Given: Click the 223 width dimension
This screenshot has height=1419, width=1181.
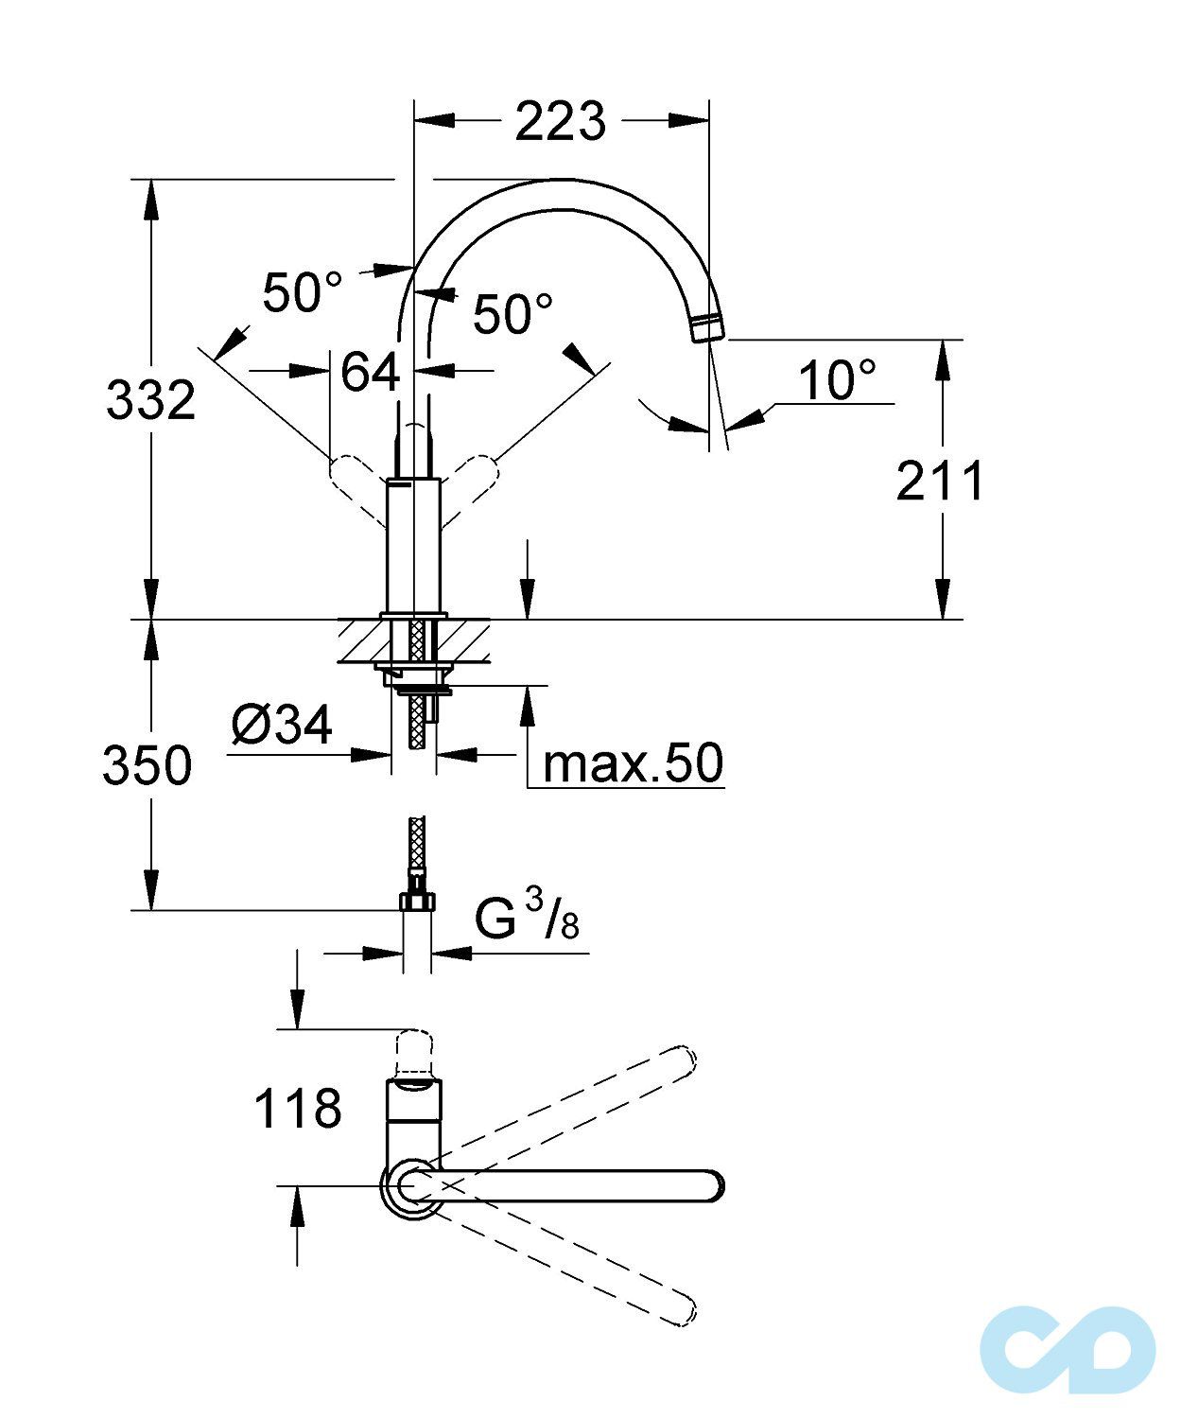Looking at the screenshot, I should [x=560, y=121].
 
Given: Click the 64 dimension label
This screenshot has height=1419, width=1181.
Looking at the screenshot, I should [x=370, y=372].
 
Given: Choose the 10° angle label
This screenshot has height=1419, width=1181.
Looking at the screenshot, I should [x=837, y=380].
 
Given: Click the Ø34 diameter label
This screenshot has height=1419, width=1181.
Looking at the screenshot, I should [x=282, y=726].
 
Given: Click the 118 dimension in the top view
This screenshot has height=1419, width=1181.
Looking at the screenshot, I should [x=297, y=1108].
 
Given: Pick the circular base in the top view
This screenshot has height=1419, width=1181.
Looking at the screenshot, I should [x=412, y=1184].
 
